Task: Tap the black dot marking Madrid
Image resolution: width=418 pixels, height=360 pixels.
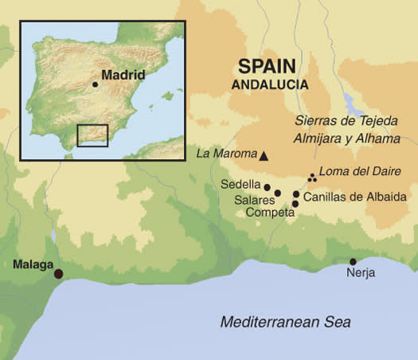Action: (x=95, y=84)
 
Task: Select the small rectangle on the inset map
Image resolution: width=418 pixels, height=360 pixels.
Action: (x=92, y=135)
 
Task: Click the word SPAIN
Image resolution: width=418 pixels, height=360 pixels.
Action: (x=266, y=66)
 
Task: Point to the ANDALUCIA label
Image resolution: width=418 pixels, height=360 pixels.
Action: (x=270, y=83)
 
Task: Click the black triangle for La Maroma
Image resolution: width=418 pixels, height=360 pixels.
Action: (x=264, y=156)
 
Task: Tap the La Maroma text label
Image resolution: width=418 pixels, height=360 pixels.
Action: (x=226, y=154)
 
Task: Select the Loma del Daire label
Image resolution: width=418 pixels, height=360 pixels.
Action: (x=354, y=170)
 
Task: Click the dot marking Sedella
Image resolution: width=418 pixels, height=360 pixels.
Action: (x=268, y=187)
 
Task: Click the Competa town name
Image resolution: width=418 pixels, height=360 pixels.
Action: (x=268, y=213)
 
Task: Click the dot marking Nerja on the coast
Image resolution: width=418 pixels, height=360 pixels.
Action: (x=353, y=261)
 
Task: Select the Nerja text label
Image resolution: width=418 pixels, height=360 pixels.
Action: (x=360, y=273)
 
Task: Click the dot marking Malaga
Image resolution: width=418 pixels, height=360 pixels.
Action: (x=57, y=274)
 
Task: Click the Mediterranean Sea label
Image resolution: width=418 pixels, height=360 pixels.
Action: (x=285, y=322)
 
